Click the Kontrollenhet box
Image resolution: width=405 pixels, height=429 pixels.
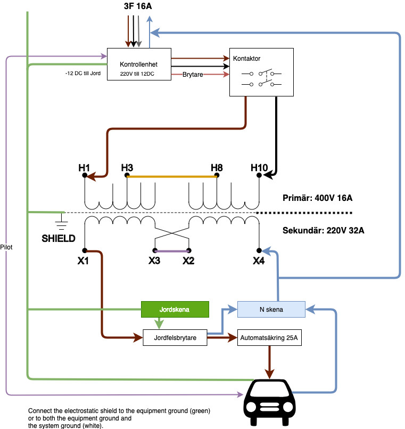[139, 64]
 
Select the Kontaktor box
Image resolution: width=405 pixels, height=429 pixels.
[261, 72]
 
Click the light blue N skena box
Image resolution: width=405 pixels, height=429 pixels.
[271, 309]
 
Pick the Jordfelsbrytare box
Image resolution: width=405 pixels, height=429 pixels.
[175, 338]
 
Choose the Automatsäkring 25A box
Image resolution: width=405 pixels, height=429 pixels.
[270, 338]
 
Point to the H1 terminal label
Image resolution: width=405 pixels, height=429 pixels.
[84, 168]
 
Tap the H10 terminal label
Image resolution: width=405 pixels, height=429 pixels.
[259, 168]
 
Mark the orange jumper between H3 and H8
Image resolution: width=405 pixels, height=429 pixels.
[171, 176]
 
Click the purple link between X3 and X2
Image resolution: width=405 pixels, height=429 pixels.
[172, 250]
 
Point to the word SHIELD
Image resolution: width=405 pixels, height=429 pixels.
[59, 238]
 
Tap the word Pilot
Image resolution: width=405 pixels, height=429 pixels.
[7, 247]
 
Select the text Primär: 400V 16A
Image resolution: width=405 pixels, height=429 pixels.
[318, 198]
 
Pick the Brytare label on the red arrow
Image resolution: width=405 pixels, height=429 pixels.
[193, 75]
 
